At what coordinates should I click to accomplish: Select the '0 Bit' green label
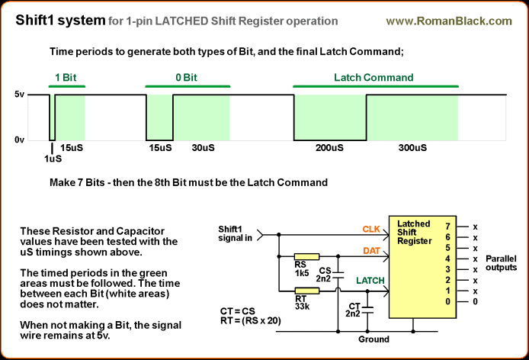point(181,78)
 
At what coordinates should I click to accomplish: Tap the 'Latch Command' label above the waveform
point(374,78)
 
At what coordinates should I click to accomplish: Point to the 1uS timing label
point(52,159)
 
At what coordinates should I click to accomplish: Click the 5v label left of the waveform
point(21,95)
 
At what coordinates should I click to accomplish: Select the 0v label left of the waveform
point(21,140)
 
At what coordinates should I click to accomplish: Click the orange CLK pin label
point(372,228)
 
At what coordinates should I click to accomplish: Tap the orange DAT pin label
point(372,251)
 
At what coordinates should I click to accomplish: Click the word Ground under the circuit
point(374,339)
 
